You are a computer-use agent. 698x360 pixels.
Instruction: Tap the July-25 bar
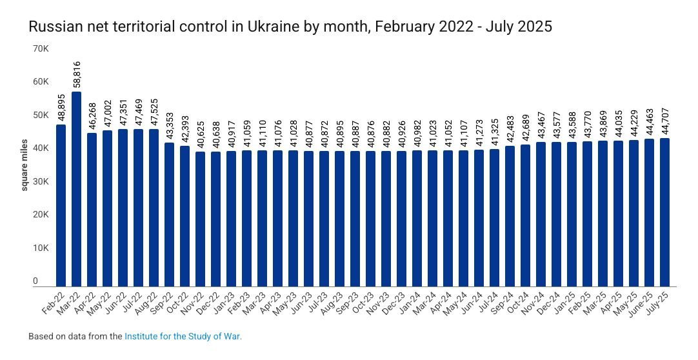pos(664,212)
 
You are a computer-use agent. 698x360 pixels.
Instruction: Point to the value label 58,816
pos(77,74)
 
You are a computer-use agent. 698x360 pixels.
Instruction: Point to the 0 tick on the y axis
pos(36,281)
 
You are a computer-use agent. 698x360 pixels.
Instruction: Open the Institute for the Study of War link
pos(183,336)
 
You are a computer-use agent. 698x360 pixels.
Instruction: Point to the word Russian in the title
pos(52,26)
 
